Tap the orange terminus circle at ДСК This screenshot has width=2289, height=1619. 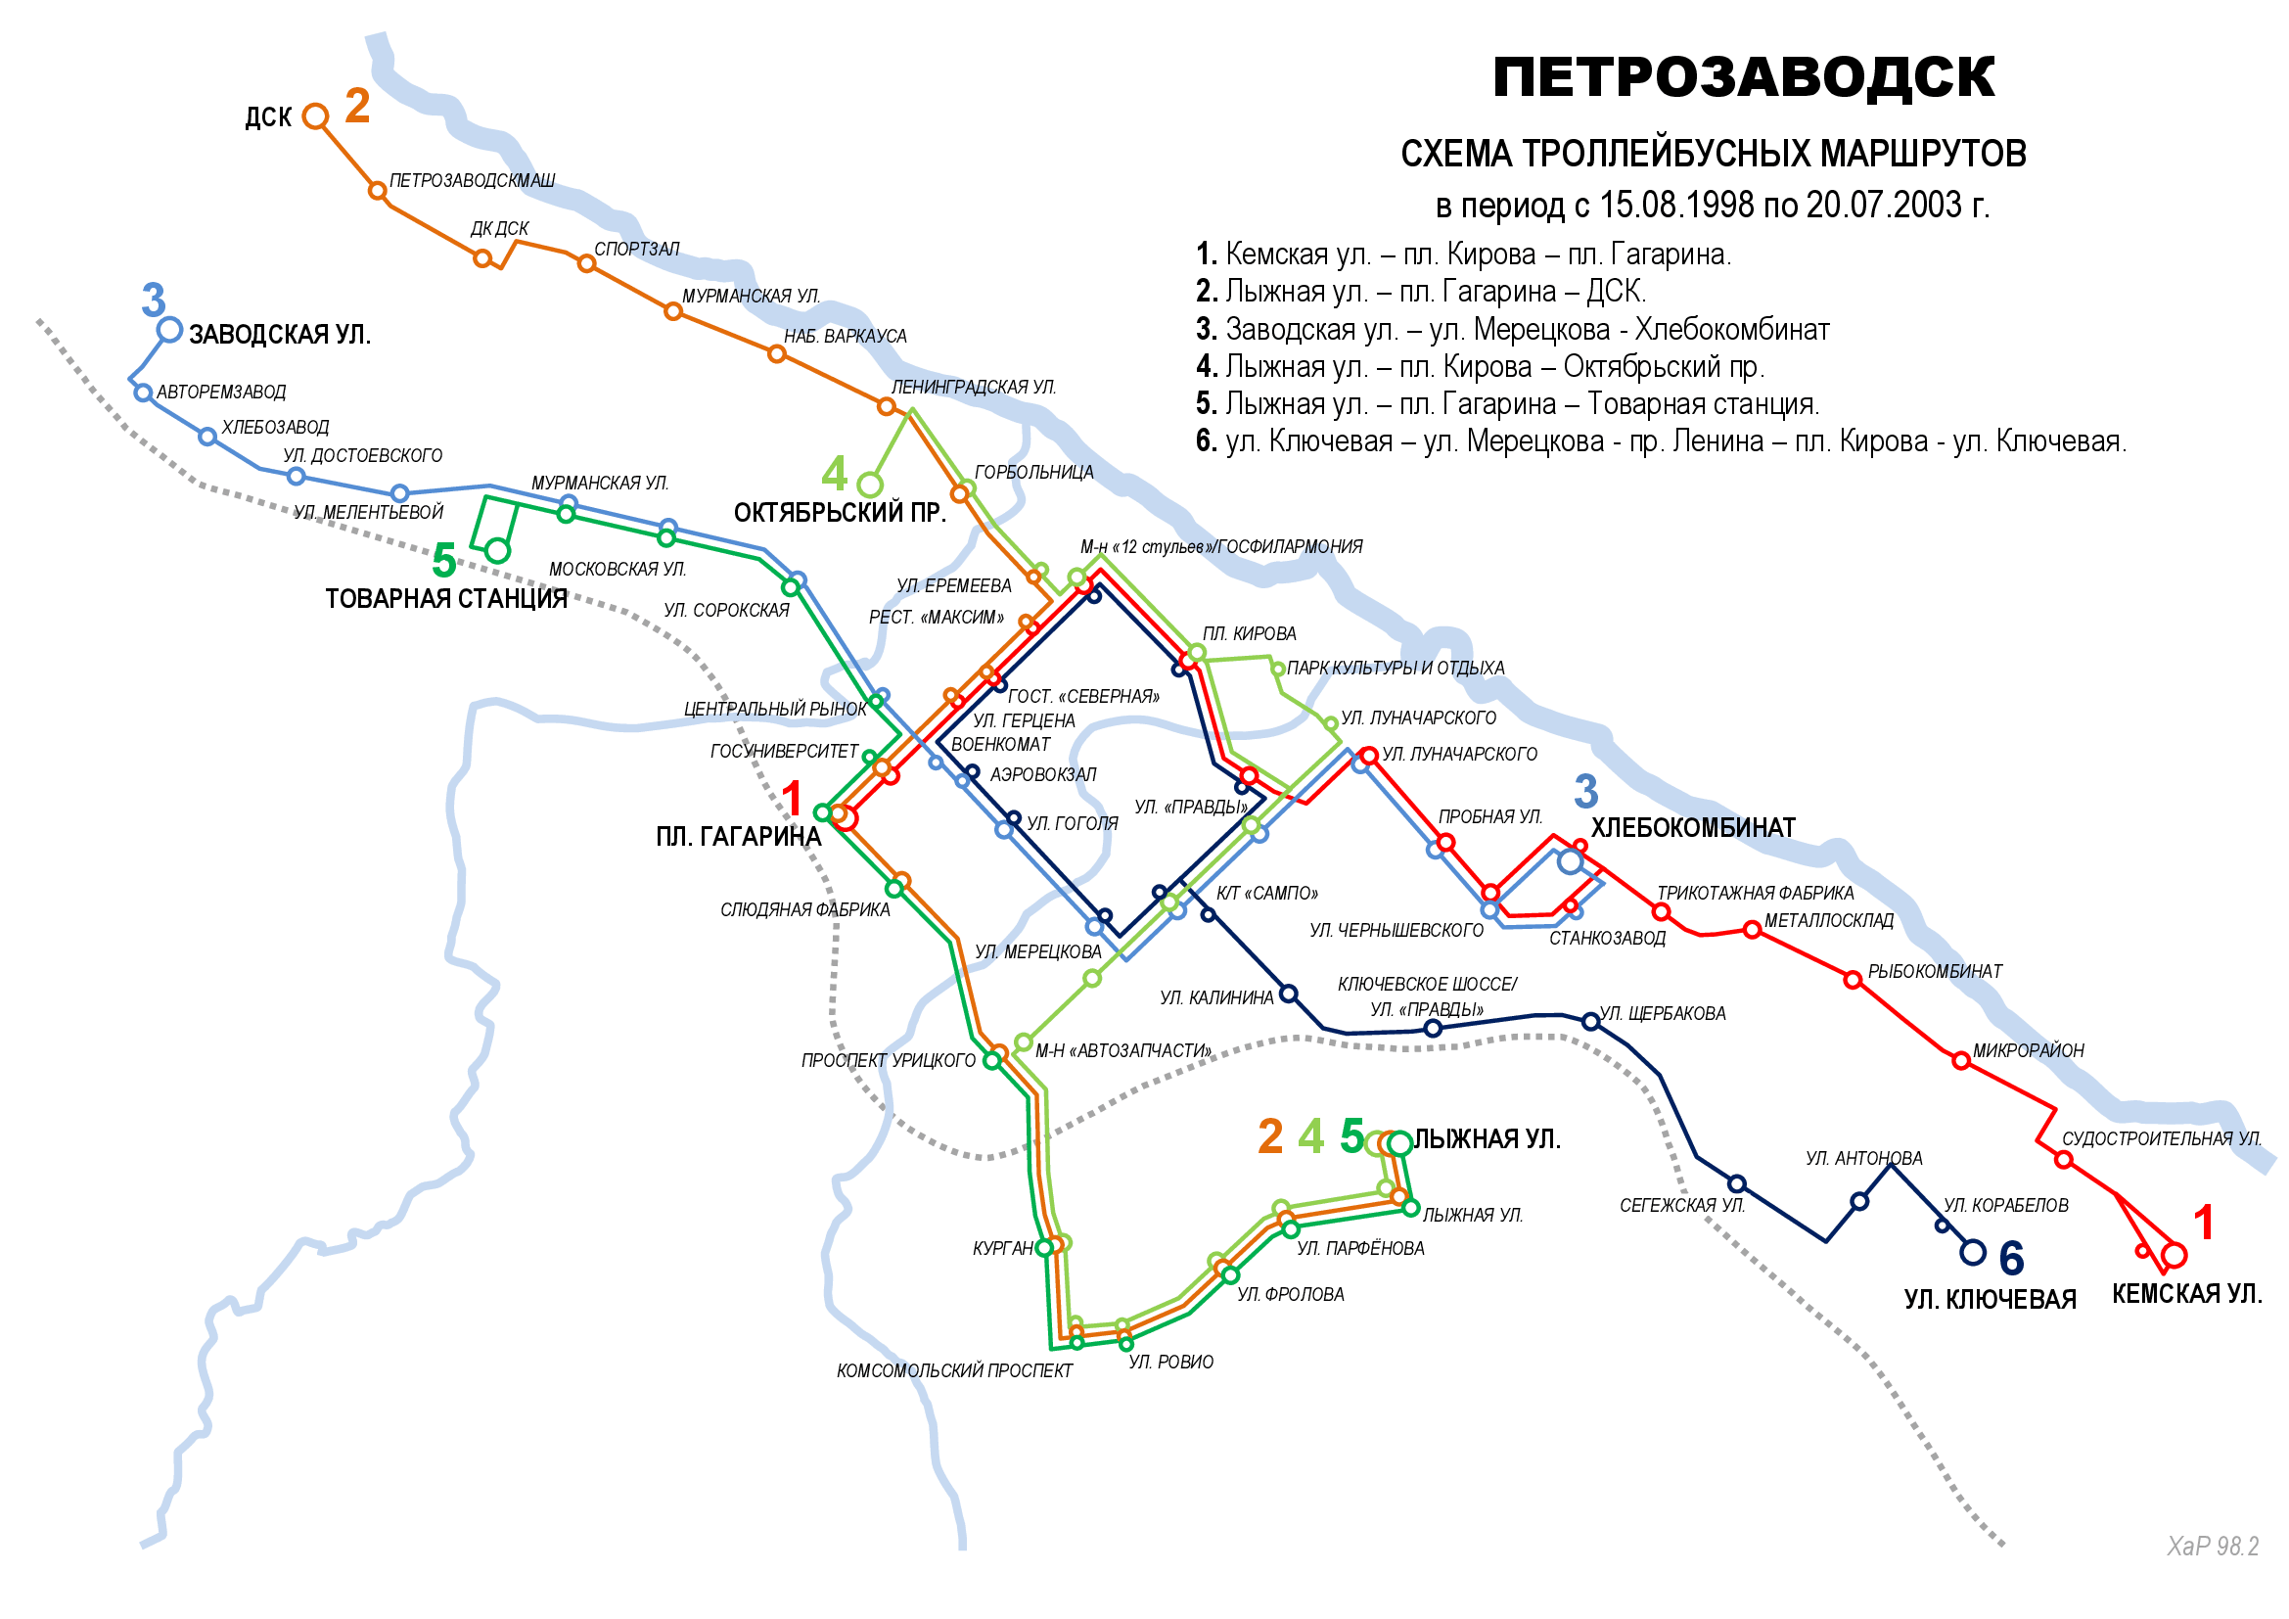pos(315,116)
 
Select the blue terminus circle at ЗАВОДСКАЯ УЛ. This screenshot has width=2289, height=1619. pos(169,329)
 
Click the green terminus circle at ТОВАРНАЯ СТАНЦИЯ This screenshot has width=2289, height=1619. pos(497,549)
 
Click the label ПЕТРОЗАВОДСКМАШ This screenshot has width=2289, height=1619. pos(472,180)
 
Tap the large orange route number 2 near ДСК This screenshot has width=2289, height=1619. pos(357,106)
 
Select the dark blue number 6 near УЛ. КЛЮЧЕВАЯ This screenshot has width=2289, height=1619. pos(2011,1258)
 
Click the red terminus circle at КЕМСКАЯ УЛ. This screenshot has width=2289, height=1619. pos(2175,1255)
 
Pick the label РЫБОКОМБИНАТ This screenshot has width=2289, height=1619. pos(1934,971)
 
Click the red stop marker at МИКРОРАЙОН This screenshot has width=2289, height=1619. pos(1960,1061)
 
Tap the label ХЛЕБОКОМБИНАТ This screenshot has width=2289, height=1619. pos(1692,827)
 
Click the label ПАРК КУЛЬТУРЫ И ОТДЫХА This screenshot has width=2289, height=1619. pos(1395,668)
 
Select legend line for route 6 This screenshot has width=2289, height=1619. pos(1660,440)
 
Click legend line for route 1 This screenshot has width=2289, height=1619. pos(1462,254)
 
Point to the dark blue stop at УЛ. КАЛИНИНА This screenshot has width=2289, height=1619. pos(1288,994)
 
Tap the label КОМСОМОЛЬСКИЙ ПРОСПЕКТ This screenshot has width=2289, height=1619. pos(954,1370)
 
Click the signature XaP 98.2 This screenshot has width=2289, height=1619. pos(2213,1547)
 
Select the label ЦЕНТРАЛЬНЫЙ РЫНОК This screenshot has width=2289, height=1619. pos(775,709)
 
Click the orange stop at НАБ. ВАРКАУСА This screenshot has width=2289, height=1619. pos(777,354)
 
